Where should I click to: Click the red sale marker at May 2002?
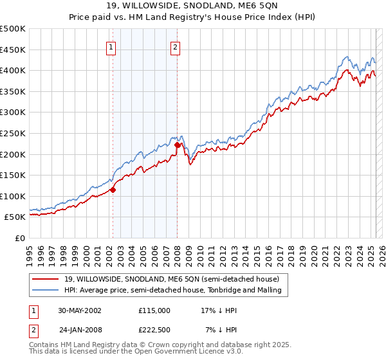(x=113, y=190)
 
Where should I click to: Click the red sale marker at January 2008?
(x=178, y=145)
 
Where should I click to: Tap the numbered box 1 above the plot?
(x=112, y=46)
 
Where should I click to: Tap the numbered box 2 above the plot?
(x=176, y=46)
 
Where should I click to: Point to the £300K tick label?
(x=13, y=113)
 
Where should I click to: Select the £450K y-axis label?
(x=13, y=50)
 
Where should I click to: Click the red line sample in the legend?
(x=47, y=279)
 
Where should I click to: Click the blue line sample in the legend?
(x=47, y=290)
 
